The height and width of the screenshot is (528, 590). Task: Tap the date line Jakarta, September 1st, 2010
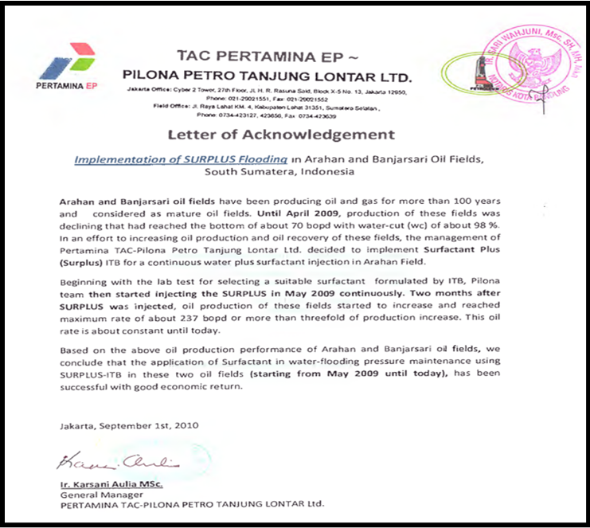click(x=128, y=425)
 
